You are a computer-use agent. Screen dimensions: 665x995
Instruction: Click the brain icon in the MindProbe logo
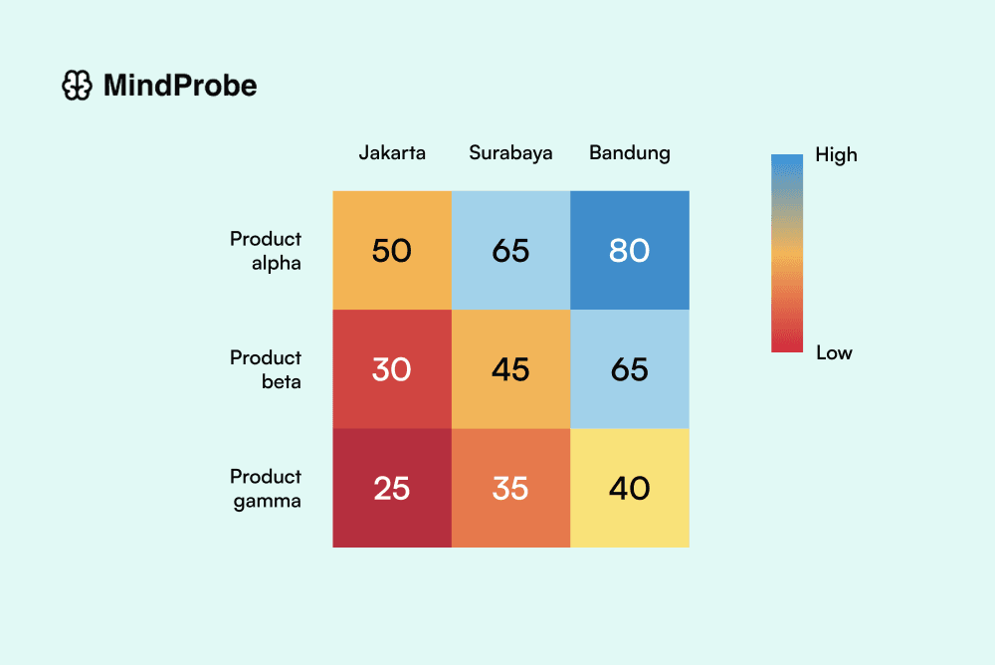(78, 87)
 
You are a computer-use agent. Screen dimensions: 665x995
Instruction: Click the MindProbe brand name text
(180, 87)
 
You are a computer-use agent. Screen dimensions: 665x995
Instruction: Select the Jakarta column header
(392, 152)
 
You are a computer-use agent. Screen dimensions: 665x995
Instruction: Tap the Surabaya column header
(510, 152)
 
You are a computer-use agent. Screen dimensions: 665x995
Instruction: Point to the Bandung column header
(630, 152)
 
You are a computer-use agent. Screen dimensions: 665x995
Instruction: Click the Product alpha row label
(266, 251)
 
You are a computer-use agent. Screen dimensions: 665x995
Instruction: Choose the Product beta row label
(266, 369)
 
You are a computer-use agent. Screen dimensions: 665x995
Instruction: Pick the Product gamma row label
(266, 488)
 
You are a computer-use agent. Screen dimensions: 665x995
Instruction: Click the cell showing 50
(392, 250)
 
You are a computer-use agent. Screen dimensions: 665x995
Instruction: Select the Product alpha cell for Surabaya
(510, 250)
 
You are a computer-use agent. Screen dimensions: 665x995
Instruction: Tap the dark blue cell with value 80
(630, 250)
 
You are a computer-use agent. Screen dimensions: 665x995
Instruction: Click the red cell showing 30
(392, 369)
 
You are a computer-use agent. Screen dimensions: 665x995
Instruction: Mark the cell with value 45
(510, 369)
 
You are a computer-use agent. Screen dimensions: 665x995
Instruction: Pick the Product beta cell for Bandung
(630, 369)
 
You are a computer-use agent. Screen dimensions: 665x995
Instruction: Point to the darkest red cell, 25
(392, 488)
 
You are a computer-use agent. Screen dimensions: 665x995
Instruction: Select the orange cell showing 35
(510, 488)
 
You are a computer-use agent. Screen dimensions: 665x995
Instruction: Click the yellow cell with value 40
(630, 488)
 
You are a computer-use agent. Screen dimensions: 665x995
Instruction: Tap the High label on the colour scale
(836, 154)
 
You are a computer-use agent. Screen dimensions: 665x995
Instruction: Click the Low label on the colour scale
(834, 352)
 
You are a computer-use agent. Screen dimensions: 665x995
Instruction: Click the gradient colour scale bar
(786, 253)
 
